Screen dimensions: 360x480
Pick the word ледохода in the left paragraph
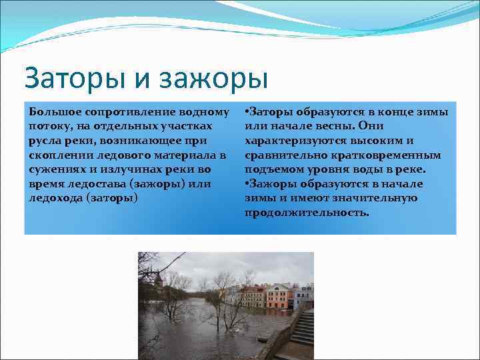56,198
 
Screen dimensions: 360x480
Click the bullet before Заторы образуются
247,111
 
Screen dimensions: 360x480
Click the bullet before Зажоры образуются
247,183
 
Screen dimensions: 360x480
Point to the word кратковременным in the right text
389,155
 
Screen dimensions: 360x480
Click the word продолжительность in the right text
306,213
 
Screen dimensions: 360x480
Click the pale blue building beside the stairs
303,295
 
